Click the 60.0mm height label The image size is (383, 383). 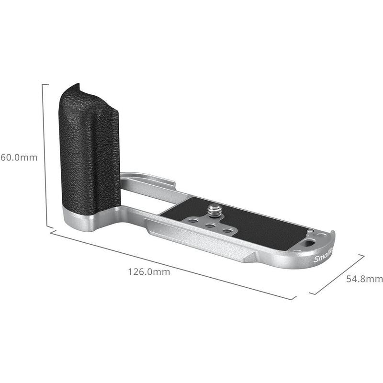click(18, 157)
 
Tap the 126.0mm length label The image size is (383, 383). click(149, 271)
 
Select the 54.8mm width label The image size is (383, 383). click(365, 279)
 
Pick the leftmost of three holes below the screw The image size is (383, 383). click(193, 220)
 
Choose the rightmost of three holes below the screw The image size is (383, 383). click(228, 231)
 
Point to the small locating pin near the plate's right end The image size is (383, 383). click(311, 231)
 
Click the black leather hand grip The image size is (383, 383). click(89, 148)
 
